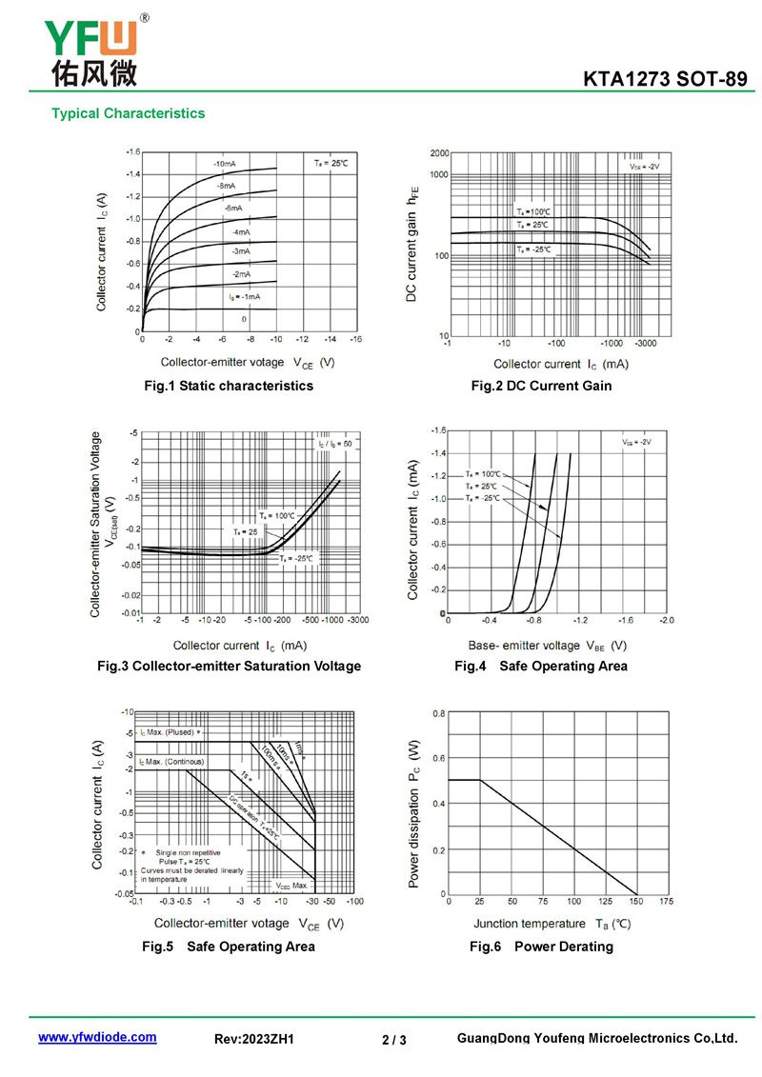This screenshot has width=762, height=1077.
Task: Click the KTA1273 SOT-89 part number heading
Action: coord(666,80)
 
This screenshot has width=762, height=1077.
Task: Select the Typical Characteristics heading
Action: coord(128,113)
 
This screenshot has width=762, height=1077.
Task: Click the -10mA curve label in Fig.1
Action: coord(225,165)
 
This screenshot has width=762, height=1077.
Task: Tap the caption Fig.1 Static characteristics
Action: coord(229,386)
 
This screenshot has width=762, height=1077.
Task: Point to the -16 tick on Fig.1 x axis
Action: coord(355,338)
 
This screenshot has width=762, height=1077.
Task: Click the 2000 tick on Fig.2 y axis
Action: coord(439,152)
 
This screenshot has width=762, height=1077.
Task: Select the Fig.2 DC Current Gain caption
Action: coord(541,386)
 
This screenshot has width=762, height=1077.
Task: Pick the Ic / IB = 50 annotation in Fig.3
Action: coord(334,445)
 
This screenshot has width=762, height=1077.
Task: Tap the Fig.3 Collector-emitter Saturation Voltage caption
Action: coord(229,666)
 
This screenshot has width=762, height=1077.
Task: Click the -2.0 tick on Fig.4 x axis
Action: coord(665,620)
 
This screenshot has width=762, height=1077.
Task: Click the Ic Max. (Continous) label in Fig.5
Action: coord(171,762)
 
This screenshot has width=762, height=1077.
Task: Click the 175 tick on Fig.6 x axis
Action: coord(665,901)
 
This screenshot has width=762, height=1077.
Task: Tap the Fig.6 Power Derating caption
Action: coord(541,947)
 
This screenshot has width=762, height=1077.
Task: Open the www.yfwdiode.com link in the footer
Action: coord(97,1037)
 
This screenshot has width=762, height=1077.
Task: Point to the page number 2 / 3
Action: coord(393,1040)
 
